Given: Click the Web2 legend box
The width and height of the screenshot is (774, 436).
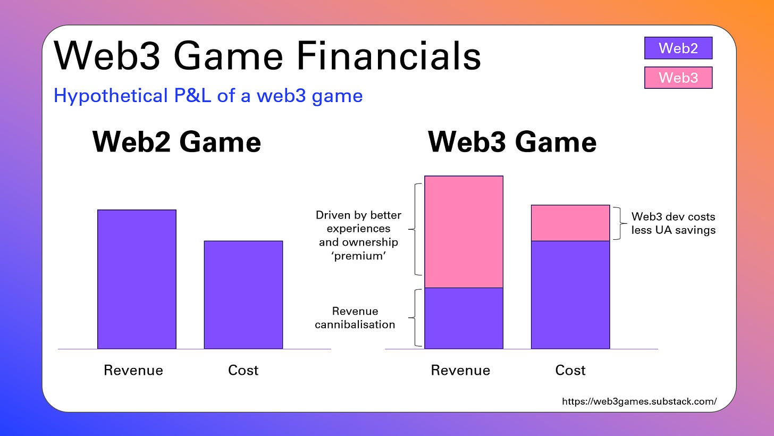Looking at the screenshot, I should click(x=678, y=48).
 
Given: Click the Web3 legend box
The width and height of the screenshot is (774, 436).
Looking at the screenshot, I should click(x=678, y=78).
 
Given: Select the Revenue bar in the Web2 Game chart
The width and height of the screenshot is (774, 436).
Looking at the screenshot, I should click(x=137, y=279).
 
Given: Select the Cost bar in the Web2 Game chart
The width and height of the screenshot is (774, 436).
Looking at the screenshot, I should click(x=243, y=295).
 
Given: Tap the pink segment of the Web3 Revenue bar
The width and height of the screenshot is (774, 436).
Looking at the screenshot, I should click(x=464, y=232).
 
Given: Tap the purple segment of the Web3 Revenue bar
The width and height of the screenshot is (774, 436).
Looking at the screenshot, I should click(x=464, y=318).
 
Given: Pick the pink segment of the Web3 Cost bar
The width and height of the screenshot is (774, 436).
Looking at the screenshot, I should click(x=570, y=223).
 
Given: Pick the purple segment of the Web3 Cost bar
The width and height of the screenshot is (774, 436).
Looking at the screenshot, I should click(x=570, y=295).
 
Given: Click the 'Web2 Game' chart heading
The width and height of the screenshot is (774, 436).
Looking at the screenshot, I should click(x=176, y=142).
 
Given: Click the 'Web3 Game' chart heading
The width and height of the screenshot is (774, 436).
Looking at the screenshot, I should click(x=512, y=142).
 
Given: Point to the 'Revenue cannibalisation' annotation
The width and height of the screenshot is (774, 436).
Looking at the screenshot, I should click(x=355, y=317).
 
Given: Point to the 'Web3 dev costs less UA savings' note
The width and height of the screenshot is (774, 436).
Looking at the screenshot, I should click(x=673, y=223).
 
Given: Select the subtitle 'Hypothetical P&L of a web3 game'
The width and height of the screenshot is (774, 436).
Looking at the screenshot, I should click(x=208, y=96).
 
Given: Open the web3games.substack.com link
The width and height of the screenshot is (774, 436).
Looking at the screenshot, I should click(x=639, y=401).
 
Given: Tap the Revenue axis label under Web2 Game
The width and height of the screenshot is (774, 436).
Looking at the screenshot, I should click(x=133, y=370).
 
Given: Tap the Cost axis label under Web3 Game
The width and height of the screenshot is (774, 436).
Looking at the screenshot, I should click(x=570, y=370).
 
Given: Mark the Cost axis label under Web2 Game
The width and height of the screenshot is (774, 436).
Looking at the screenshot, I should click(x=243, y=370).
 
